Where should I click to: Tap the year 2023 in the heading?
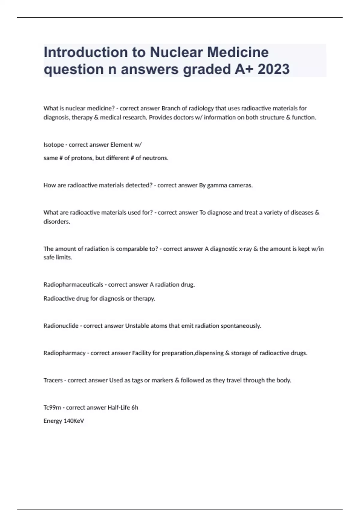[x=273, y=69]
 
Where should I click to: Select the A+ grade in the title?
[x=243, y=69]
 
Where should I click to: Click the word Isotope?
[x=54, y=145]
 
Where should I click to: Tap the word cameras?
[x=241, y=185]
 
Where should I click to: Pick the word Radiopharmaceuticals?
[x=73, y=284]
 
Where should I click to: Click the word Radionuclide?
[x=61, y=325]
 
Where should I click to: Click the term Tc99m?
[x=52, y=407]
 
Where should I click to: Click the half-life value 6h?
[x=135, y=407]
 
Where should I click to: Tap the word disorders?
[x=57, y=222]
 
